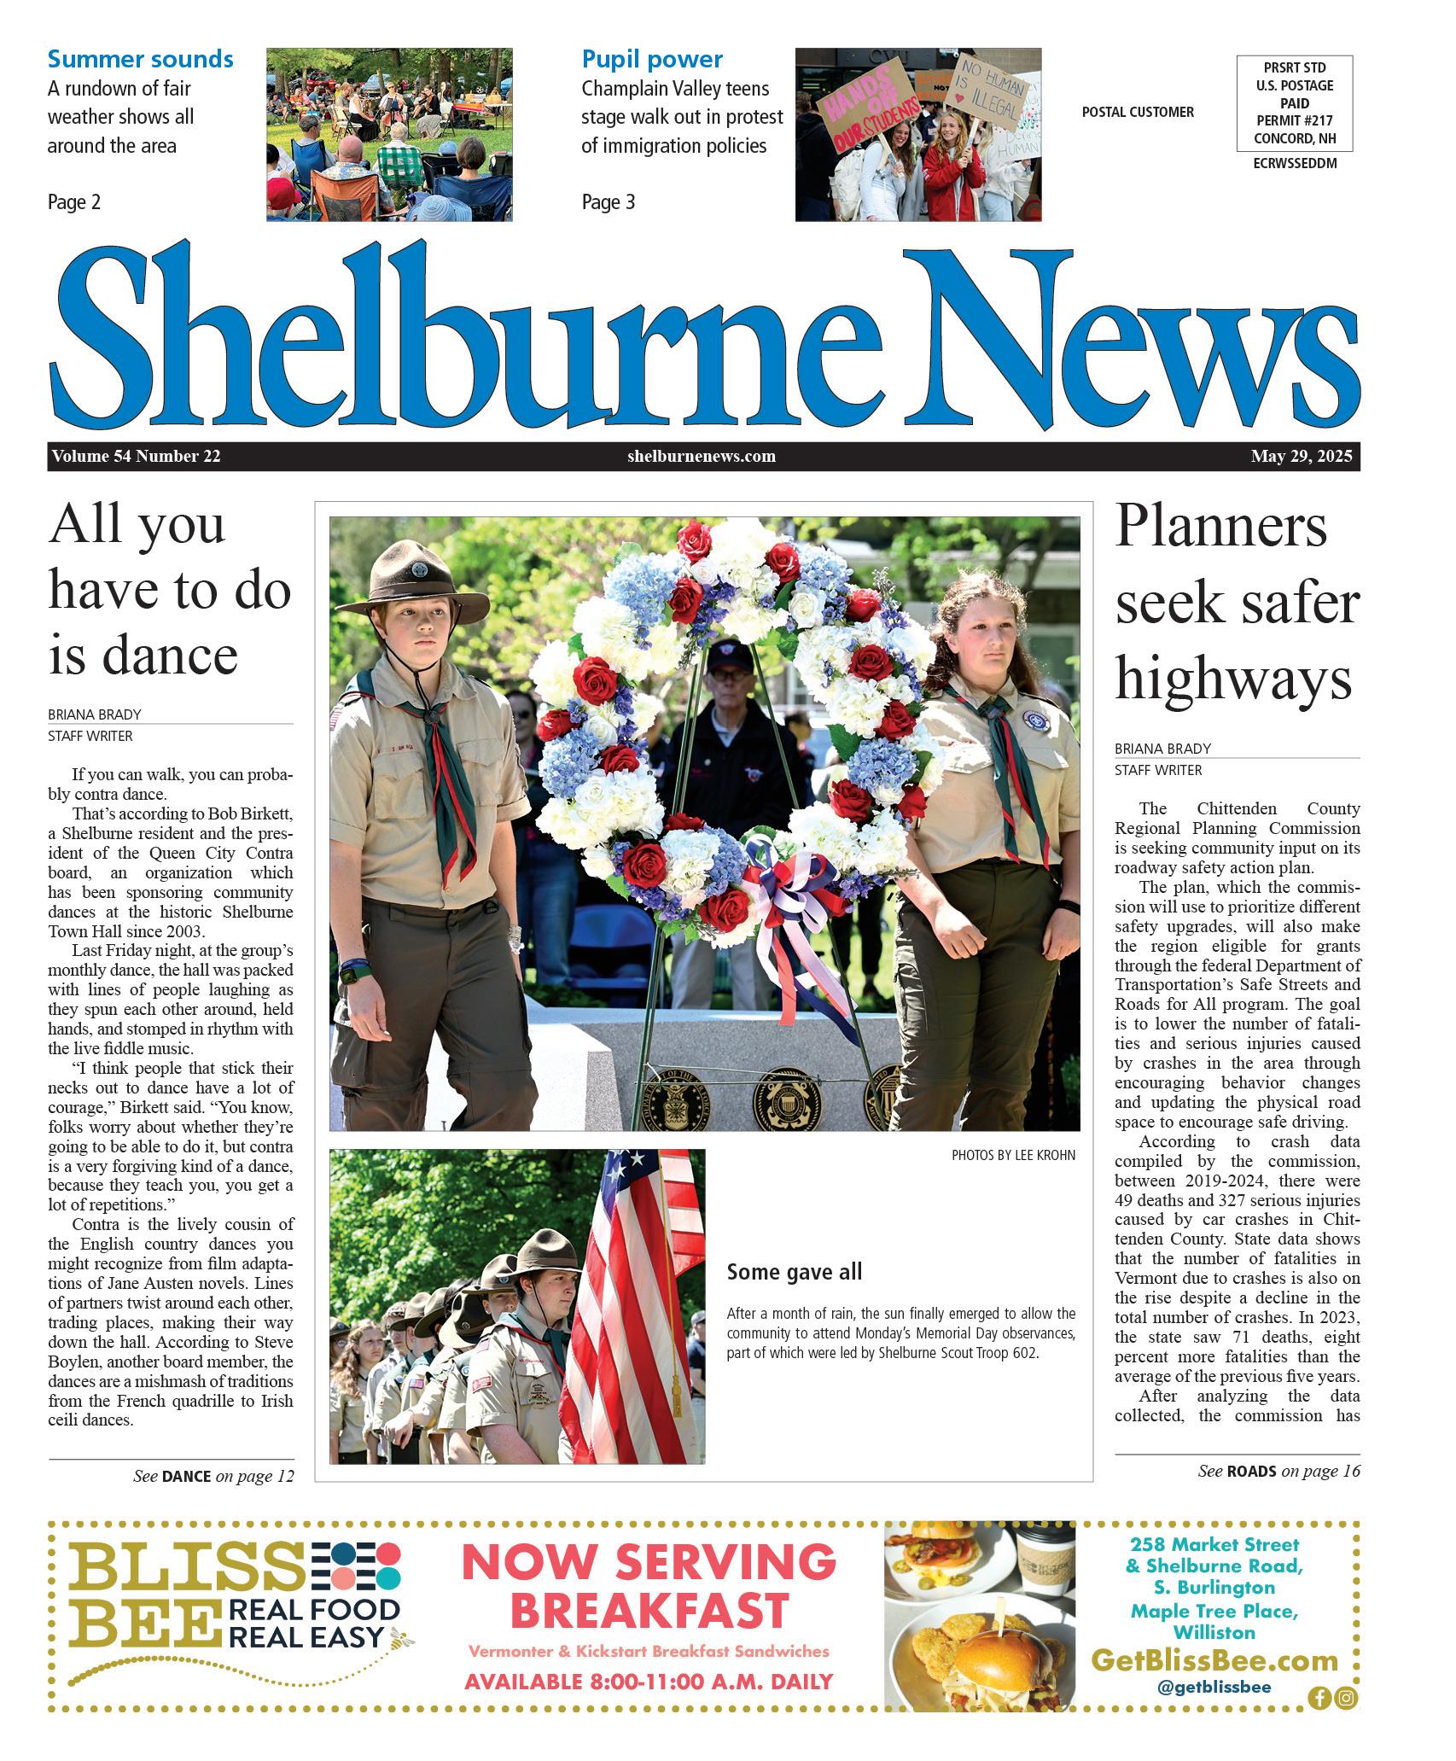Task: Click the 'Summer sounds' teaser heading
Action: pyautogui.click(x=140, y=59)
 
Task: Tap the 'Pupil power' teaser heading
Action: pyautogui.click(x=652, y=59)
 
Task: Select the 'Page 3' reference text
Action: pyautogui.click(x=609, y=202)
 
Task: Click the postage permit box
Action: pyautogui.click(x=1295, y=103)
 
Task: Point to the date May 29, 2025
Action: pyautogui.click(x=1302, y=456)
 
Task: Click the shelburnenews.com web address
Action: pyautogui.click(x=702, y=456)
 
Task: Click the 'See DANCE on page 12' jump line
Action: pyautogui.click(x=213, y=1476)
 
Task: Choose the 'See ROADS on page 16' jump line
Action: pyautogui.click(x=1278, y=1470)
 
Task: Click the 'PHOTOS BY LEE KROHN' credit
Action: pyautogui.click(x=1013, y=1155)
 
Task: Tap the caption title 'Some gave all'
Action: pyautogui.click(x=794, y=1272)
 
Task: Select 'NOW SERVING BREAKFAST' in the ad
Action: pyautogui.click(x=649, y=1587)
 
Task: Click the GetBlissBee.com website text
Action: pyautogui.click(x=1214, y=1660)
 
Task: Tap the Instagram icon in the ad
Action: pyautogui.click(x=1346, y=1698)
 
